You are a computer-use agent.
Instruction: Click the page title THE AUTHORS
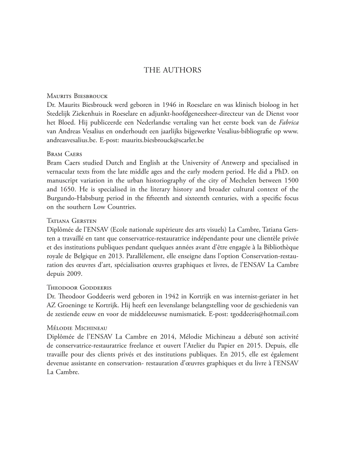pyautogui.click(x=172, y=70)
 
